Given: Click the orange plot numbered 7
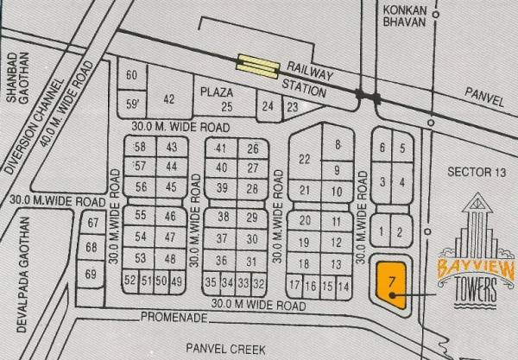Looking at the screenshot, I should [x=392, y=282].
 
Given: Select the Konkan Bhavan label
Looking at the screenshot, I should [x=404, y=16].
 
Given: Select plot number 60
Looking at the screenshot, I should [x=132, y=76].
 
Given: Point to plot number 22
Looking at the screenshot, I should [x=304, y=159].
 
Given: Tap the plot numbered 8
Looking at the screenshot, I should [x=338, y=144].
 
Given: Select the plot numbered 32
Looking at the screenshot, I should [x=256, y=282].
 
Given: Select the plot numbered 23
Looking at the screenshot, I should [x=292, y=107].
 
